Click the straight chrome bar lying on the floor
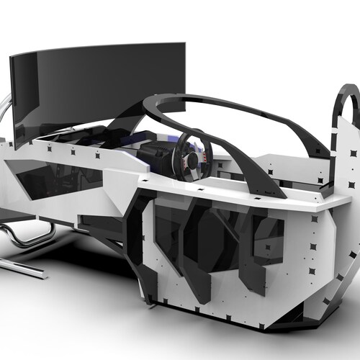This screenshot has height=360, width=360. click(22, 268)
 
